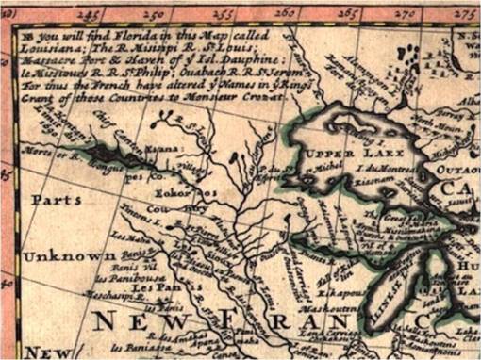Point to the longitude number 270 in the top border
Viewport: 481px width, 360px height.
407,13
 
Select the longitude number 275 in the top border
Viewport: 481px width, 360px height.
465,13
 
